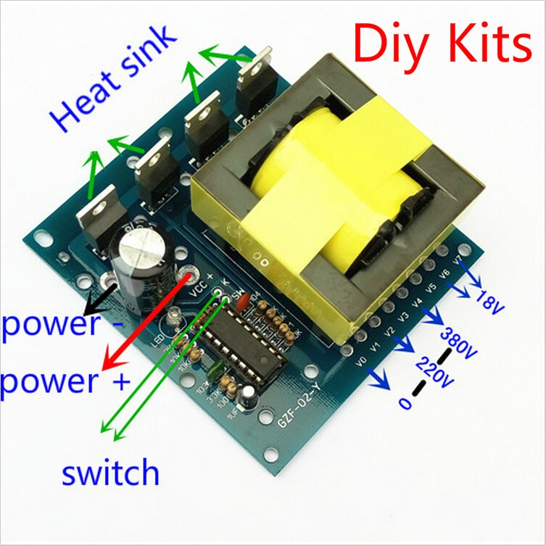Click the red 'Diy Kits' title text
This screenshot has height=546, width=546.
point(442,44)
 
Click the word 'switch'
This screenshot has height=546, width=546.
point(110,473)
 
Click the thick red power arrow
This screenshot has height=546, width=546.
point(145,319)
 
